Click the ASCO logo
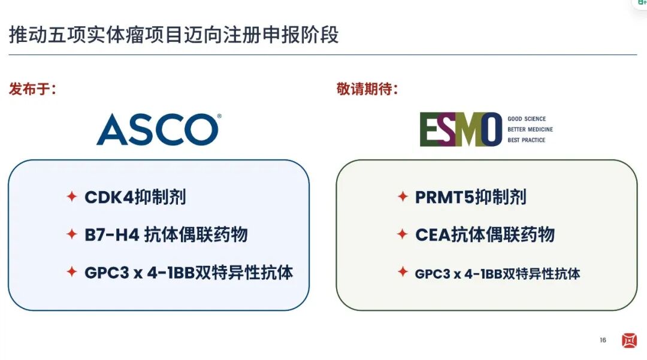point(158,129)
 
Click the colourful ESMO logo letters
point(461,129)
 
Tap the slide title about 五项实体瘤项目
point(174,35)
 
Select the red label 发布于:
point(32,89)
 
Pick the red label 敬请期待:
point(367,89)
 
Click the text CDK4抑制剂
point(135,196)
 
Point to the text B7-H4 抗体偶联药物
point(166,235)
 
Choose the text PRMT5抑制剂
point(471,196)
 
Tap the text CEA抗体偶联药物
point(485,235)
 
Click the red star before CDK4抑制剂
point(72,196)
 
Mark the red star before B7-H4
point(72,234)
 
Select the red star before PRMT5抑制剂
point(403,196)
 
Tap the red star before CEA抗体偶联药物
point(403,234)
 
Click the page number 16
point(603,340)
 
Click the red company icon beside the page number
point(629,341)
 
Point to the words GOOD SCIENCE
point(527,119)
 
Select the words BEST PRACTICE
point(526,140)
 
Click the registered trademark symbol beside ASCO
point(219,116)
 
